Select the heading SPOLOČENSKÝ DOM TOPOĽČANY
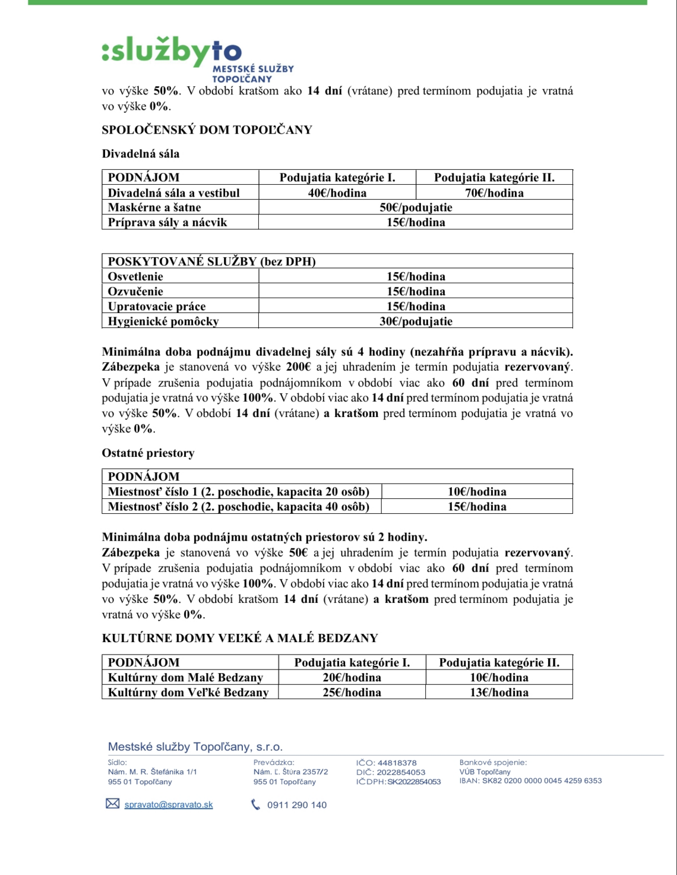click(x=207, y=130)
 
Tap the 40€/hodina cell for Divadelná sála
click(x=337, y=193)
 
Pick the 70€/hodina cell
click(x=494, y=193)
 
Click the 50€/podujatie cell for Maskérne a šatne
click(x=416, y=207)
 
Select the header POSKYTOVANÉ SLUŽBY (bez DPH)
click(x=211, y=261)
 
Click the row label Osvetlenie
click(x=135, y=277)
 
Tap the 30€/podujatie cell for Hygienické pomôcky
click(x=416, y=321)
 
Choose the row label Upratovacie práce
click(x=157, y=307)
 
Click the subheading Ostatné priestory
click(x=148, y=453)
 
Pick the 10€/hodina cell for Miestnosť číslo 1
click(x=477, y=492)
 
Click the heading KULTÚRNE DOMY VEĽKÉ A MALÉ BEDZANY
click(x=240, y=639)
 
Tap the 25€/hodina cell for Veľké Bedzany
click(x=352, y=693)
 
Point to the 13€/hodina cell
click(x=499, y=693)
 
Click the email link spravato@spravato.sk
click(x=169, y=805)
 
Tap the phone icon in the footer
click(x=256, y=805)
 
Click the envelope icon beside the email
click(x=112, y=804)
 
